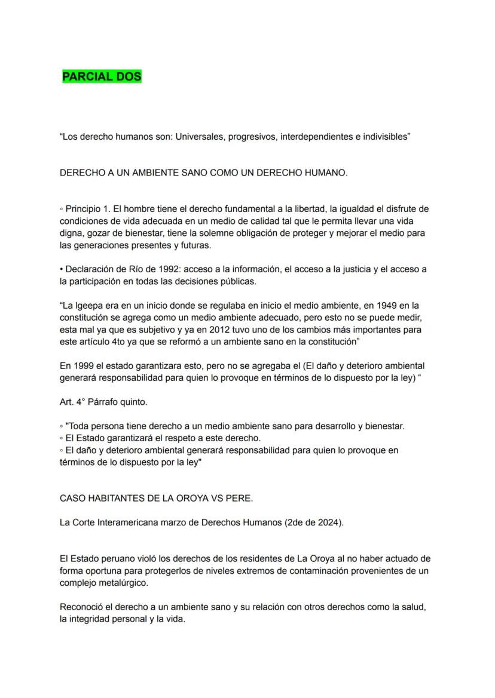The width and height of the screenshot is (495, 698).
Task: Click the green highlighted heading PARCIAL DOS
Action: click(102, 77)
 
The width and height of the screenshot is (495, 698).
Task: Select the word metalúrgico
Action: click(121, 583)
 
